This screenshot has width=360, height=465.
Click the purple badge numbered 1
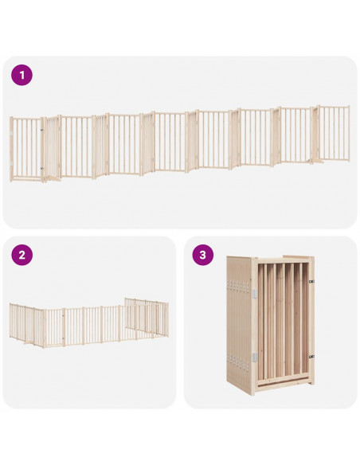pyautogui.click(x=22, y=75)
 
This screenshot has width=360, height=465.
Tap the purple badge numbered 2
pyautogui.click(x=22, y=255)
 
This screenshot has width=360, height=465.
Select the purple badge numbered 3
pyautogui.click(x=203, y=255)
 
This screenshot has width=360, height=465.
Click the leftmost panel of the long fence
pyautogui.click(x=26, y=149)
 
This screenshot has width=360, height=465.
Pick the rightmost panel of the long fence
pyautogui.click(x=334, y=133)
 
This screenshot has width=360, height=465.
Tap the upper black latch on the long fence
pyautogui.click(x=41, y=130)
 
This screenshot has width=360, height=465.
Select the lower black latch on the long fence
pyautogui.click(x=41, y=168)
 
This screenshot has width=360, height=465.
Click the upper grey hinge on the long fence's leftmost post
pyautogui.click(x=11, y=134)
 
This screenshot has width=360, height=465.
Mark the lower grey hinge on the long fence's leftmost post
pyautogui.click(x=11, y=163)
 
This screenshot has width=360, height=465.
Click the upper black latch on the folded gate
pyautogui.click(x=311, y=281)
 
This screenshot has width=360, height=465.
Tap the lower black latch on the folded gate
pyautogui.click(x=311, y=357)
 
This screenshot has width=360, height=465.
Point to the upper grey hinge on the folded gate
pyautogui.click(x=255, y=293)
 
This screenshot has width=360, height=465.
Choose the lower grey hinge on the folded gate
pyautogui.click(x=255, y=357)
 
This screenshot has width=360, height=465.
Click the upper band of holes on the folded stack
pyautogui.click(x=238, y=286)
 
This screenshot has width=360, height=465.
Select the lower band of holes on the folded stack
pyautogui.click(x=238, y=362)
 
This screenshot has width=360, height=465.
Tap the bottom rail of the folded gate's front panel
pyautogui.click(x=284, y=385)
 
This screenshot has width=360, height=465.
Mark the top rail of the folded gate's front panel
pyautogui.click(x=284, y=260)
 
